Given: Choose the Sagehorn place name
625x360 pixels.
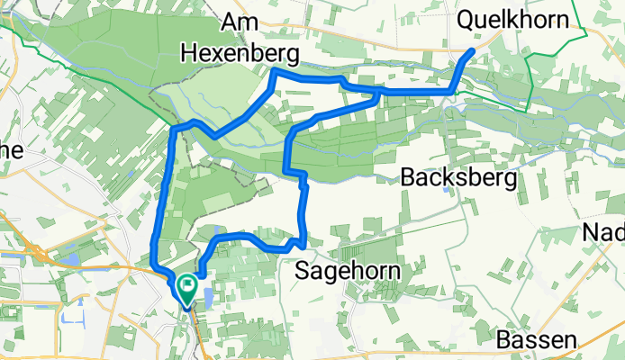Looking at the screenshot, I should pyautogui.click(x=349, y=270).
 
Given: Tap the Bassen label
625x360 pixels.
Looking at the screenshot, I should pyautogui.click(x=536, y=340).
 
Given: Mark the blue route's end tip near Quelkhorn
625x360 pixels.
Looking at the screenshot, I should pyautogui.click(x=471, y=52).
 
